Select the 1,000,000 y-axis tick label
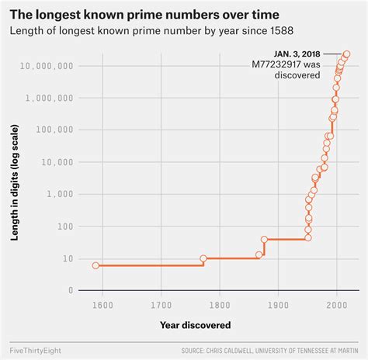[x=49, y=99]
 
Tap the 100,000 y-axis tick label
[x=52, y=130]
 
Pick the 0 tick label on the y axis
[x=71, y=291]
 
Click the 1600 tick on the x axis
[x=102, y=305]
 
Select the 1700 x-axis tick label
[x=161, y=305]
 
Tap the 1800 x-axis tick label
[x=220, y=305]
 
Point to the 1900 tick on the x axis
[x=278, y=305]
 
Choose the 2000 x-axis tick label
[x=337, y=305]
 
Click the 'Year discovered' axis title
[x=196, y=324]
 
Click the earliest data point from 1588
[x=95, y=265]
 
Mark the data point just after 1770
[x=203, y=258]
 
